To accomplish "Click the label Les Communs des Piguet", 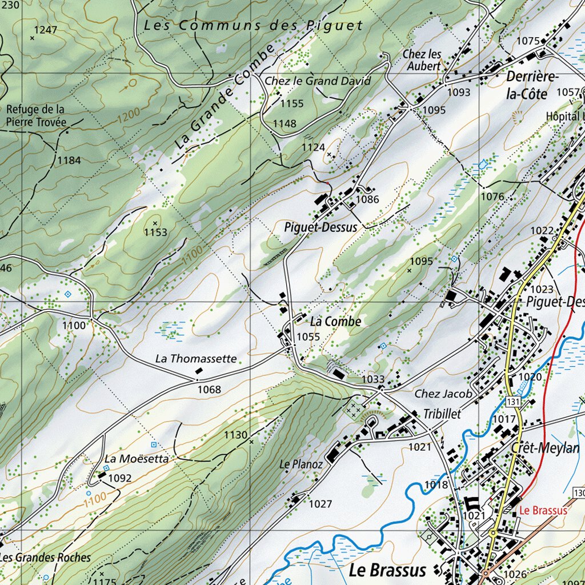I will tap(253, 25).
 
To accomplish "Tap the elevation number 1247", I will tap(45, 29).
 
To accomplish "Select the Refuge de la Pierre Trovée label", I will tap(35, 115).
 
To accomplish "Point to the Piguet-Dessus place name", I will tap(320, 227).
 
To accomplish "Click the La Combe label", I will tap(335, 322).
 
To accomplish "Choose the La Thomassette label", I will tap(196, 359).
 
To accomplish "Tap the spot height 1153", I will tap(155, 232).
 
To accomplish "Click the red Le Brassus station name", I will tap(543, 511).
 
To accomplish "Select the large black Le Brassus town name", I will tap(387, 570).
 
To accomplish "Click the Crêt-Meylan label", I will tap(545, 448).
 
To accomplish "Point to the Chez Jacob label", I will tap(443, 394).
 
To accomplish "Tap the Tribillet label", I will tap(442, 414).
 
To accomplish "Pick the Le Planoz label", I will tap(301, 464).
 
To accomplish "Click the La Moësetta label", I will tap(137, 459).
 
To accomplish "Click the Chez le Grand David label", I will tap(318, 81).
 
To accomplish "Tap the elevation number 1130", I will tap(235, 435).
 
